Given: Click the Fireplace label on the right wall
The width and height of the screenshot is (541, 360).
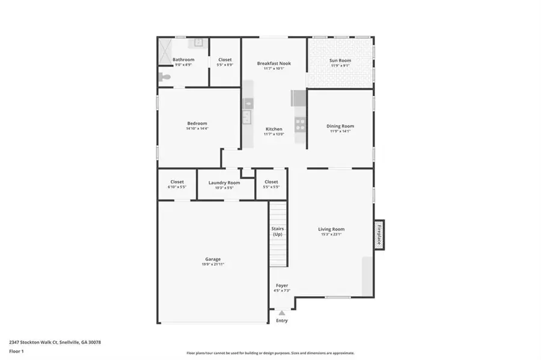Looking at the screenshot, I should (379, 234).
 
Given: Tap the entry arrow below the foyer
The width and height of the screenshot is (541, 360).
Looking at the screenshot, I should (281, 313).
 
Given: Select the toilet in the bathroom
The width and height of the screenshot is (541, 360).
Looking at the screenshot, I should (164, 77).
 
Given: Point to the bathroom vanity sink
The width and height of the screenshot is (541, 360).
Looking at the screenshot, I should (198, 43).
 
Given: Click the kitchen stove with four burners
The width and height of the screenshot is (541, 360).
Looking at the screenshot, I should (299, 124).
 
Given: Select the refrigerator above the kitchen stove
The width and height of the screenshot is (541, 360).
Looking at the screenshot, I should (299, 99).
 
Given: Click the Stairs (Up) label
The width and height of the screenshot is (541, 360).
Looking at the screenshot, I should (277, 231).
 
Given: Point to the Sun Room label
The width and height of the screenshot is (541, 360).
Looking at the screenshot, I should (340, 60).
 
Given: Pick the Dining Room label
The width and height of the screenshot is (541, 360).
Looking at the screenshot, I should (340, 126).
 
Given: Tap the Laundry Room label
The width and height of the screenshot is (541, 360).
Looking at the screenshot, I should (224, 182).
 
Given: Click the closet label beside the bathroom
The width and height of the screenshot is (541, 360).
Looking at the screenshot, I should (225, 59).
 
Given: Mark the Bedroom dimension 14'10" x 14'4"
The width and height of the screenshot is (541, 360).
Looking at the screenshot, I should (197, 129).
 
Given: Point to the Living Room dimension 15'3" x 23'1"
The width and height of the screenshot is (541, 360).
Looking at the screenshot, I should (331, 234).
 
